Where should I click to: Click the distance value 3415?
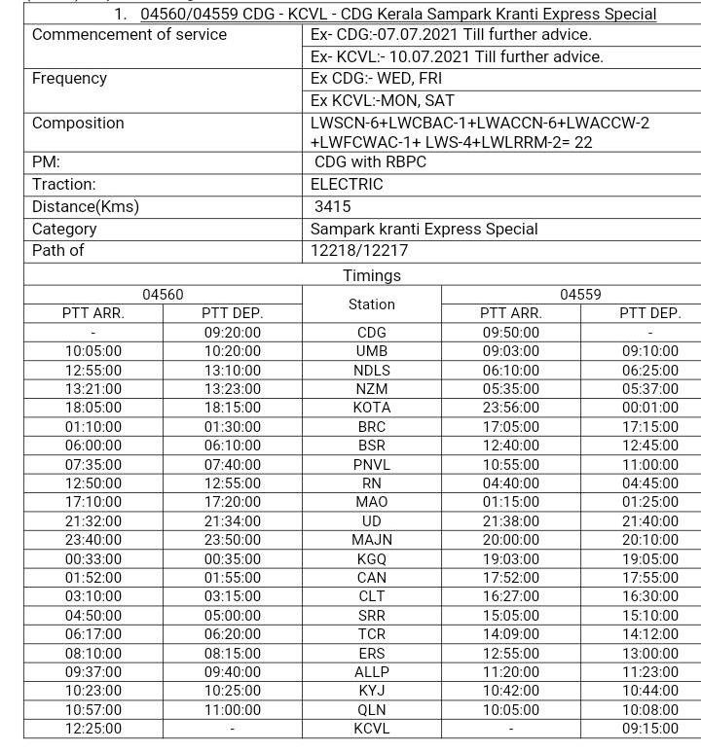(332, 206)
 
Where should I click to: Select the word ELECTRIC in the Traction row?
(347, 184)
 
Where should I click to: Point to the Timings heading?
(371, 275)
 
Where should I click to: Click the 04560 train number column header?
(163, 295)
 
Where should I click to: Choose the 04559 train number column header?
(580, 295)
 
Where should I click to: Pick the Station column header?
(371, 304)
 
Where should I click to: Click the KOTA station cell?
(371, 408)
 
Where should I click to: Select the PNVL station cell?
(371, 465)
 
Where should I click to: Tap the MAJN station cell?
(371, 540)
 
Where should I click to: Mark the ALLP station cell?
(371, 672)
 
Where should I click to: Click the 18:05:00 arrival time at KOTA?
(93, 408)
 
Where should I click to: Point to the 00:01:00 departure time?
(649, 408)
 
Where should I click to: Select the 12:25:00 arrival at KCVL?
(93, 729)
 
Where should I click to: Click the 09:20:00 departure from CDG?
(232, 332)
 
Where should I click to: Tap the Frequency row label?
(69, 78)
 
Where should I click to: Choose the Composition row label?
(78, 123)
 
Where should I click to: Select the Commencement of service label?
(129, 34)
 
